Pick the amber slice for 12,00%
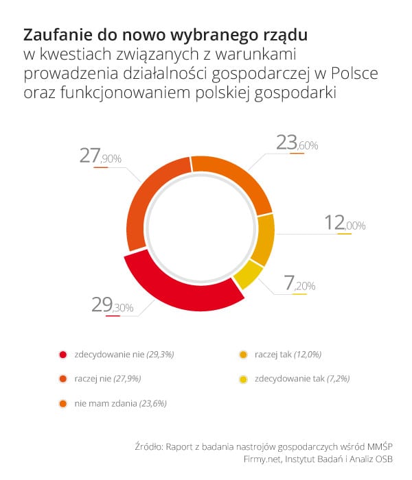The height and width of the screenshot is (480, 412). coord(263,240)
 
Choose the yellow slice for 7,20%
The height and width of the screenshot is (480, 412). coord(248,277)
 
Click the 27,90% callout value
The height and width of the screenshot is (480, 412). coord(100,157)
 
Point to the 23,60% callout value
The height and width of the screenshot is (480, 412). coord(297,143)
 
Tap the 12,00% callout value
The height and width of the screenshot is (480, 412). coord(345,224)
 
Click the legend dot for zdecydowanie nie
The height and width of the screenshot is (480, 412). coord(63,355)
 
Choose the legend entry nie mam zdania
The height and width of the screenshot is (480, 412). coord(120,403)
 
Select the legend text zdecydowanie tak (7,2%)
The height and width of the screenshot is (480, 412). coord(297,378)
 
